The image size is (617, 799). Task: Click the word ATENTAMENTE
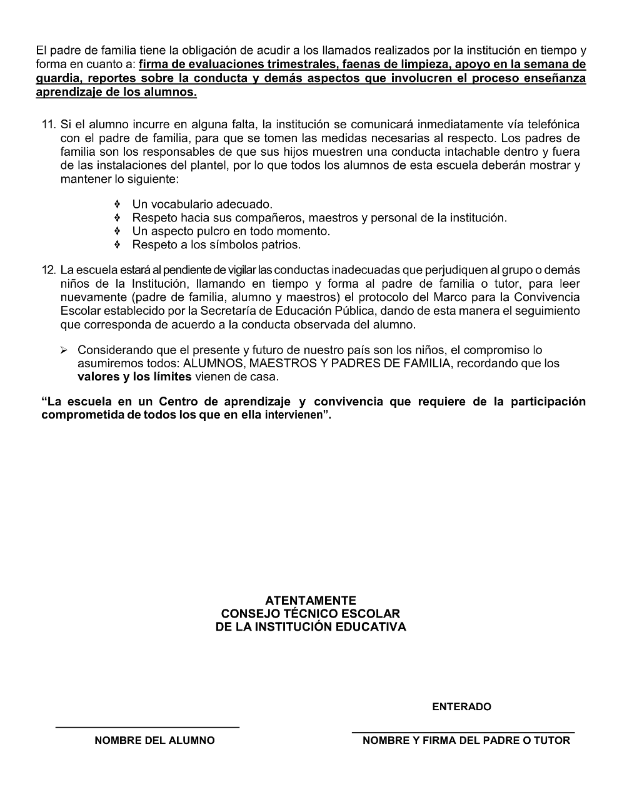point(310,601)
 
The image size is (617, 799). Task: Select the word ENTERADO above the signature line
point(461,706)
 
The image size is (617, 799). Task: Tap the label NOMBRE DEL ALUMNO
point(154,740)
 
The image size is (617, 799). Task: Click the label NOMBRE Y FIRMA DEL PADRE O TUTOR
point(466,740)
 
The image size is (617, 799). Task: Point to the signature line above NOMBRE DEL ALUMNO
point(148,727)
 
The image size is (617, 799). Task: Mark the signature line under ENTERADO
point(463,731)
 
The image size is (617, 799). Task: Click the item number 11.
point(49,125)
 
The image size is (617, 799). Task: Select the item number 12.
point(49,270)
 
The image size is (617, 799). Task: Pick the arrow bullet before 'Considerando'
point(64,350)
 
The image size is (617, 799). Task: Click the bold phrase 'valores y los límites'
point(134,377)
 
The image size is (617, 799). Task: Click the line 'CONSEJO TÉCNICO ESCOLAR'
point(310,614)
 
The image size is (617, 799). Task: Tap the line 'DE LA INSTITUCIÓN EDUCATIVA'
point(310,627)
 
